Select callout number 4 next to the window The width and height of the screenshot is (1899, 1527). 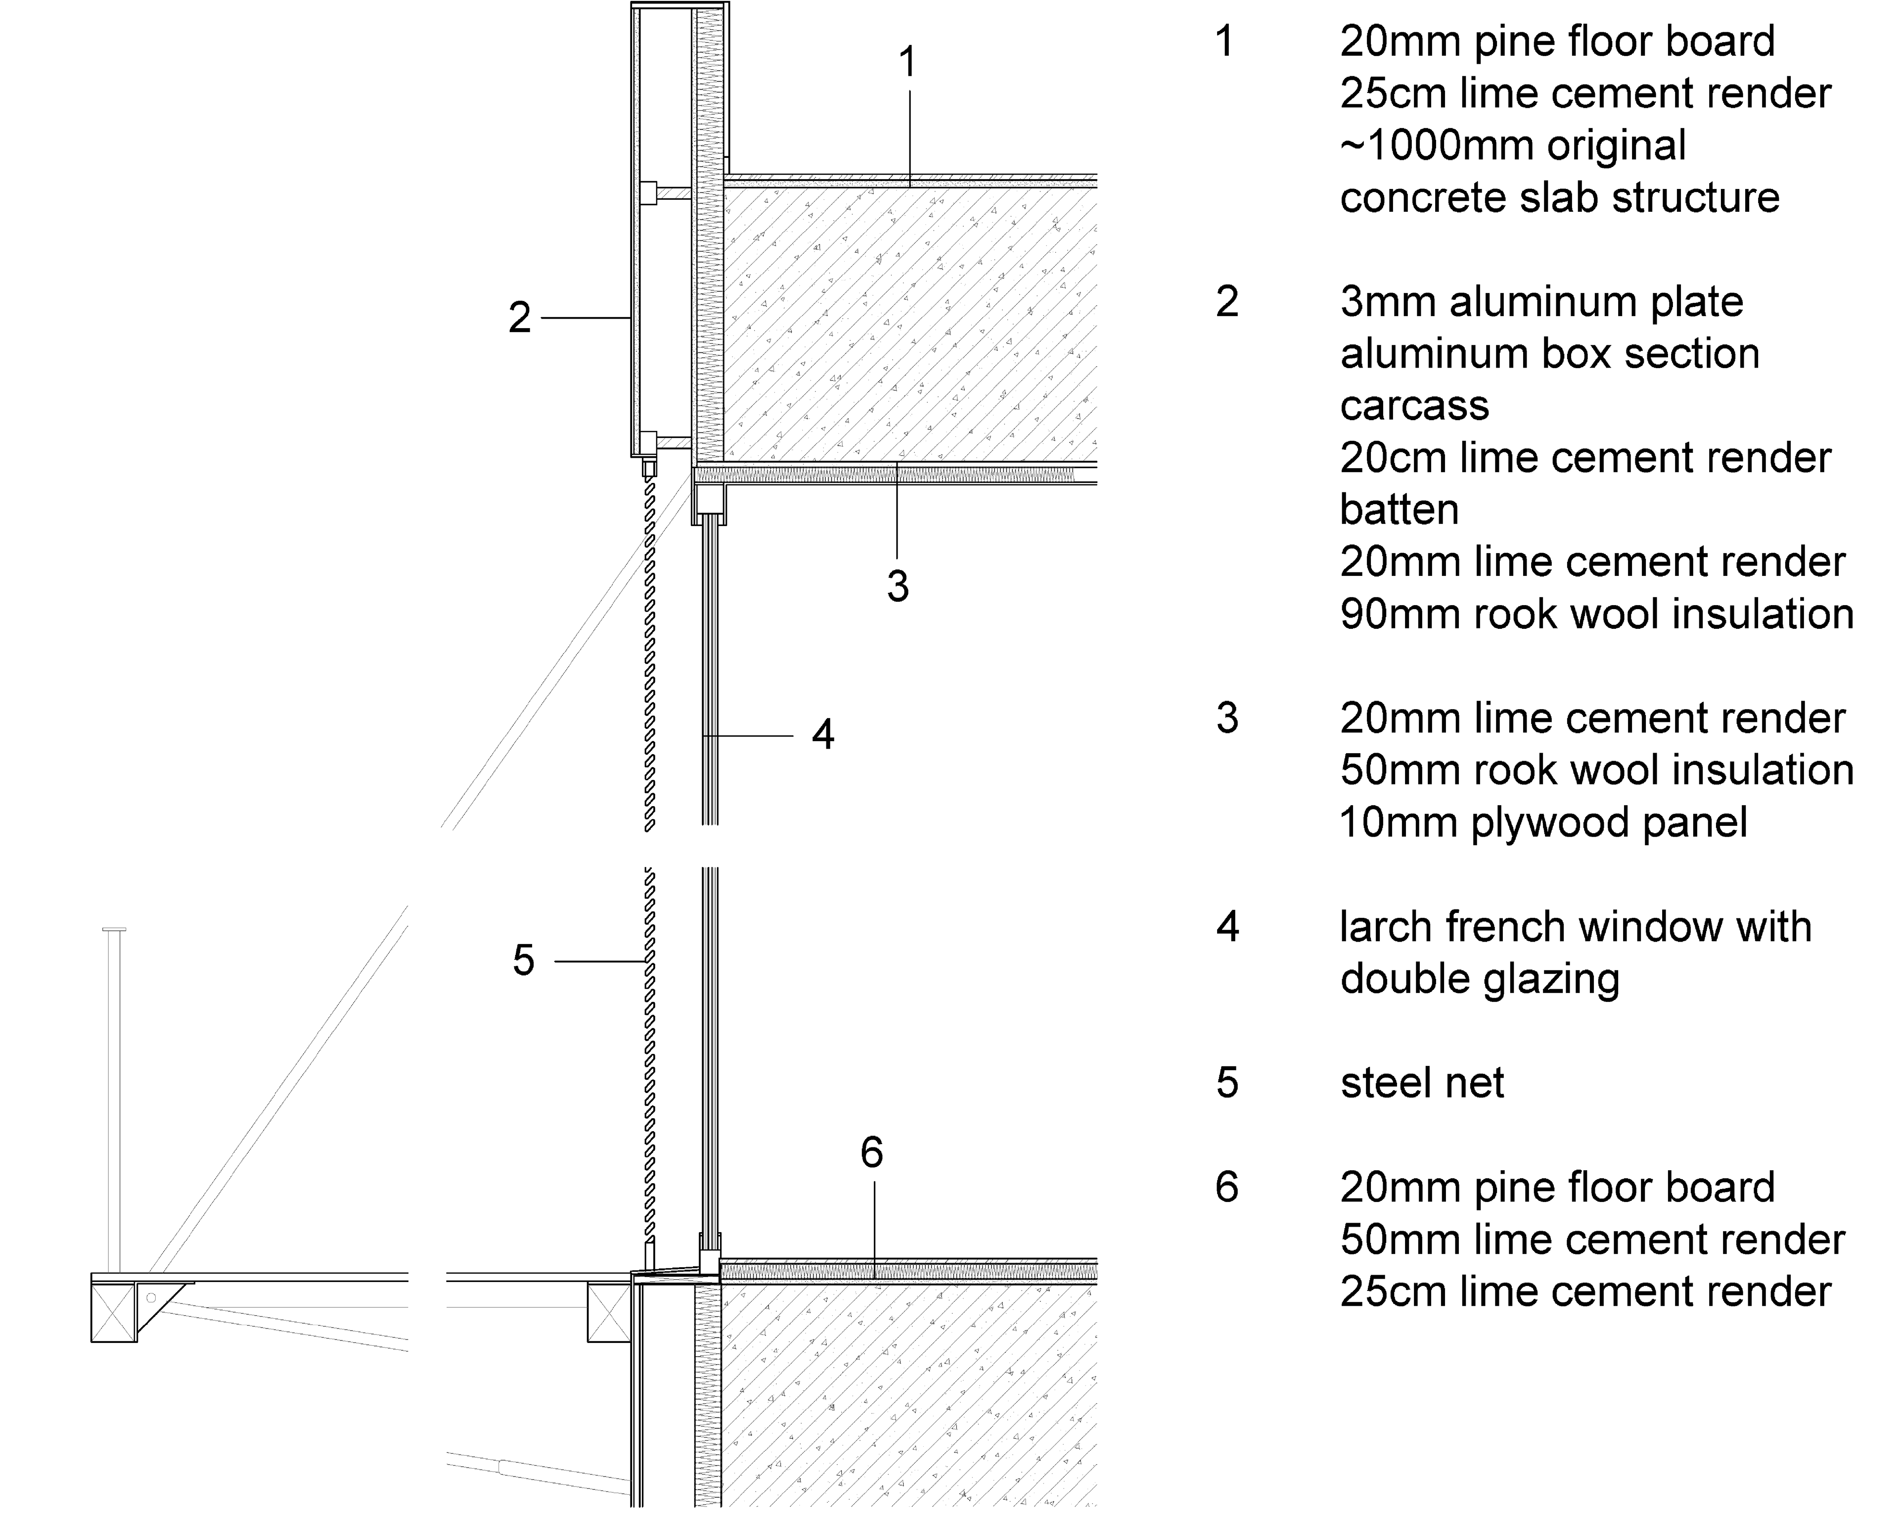tap(823, 735)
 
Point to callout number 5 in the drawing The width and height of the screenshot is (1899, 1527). tap(523, 960)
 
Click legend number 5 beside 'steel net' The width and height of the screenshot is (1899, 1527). tap(1227, 1083)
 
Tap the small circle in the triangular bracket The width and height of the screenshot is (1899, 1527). tap(151, 1298)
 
